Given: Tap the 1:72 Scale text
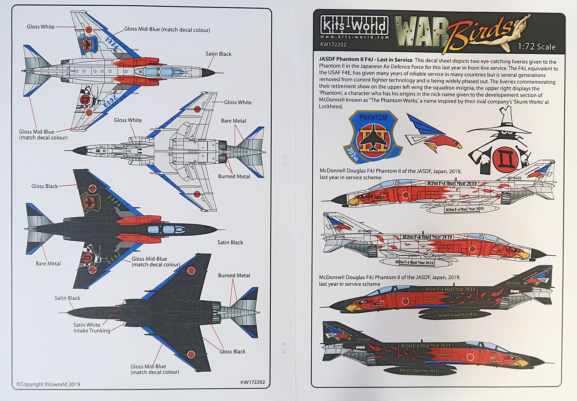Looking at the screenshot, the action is [537, 47].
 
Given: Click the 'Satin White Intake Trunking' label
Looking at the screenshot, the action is [91, 328].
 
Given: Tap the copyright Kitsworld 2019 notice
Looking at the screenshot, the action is [48, 384].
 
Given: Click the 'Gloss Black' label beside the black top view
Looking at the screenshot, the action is [45, 186].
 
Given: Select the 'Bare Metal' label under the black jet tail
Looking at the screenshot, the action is [48, 264].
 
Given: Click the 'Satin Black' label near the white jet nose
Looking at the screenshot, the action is [218, 54].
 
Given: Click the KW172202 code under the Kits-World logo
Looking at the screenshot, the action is [333, 45].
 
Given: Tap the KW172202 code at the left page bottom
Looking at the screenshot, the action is [252, 382].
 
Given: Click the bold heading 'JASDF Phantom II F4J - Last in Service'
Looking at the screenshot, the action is [366, 60].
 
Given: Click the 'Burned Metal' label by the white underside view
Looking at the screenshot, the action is [234, 176].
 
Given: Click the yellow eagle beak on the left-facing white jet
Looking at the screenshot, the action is [354, 202].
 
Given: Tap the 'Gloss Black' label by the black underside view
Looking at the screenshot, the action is [232, 351].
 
